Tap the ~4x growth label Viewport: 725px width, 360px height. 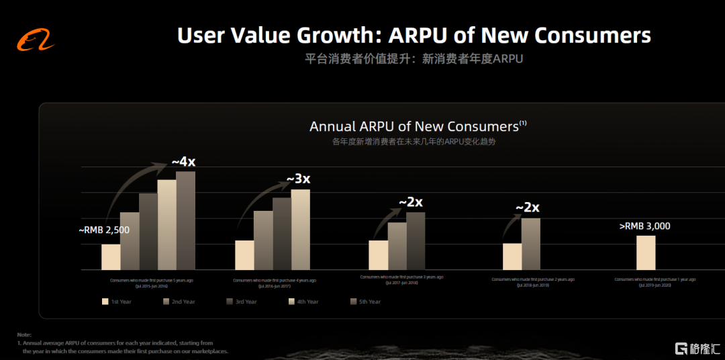pos(183,162)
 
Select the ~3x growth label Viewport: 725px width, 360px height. pos(298,179)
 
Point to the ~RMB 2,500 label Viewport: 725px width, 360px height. pos(104,230)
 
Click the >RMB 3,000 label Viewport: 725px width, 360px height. pos(644,226)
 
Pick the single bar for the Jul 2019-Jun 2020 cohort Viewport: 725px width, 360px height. pos(646,253)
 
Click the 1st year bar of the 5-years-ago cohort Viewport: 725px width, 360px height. pos(111,257)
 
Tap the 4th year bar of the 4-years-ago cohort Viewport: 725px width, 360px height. pos(300,229)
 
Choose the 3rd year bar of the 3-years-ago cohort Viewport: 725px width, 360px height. pos(416,240)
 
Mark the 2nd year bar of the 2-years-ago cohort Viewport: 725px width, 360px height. pos(530,244)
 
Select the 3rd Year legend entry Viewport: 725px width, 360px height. pos(241,302)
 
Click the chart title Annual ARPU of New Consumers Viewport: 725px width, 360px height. pos(414,126)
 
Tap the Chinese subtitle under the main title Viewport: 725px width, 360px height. pos(414,59)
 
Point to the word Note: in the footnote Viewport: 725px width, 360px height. pos(25,334)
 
